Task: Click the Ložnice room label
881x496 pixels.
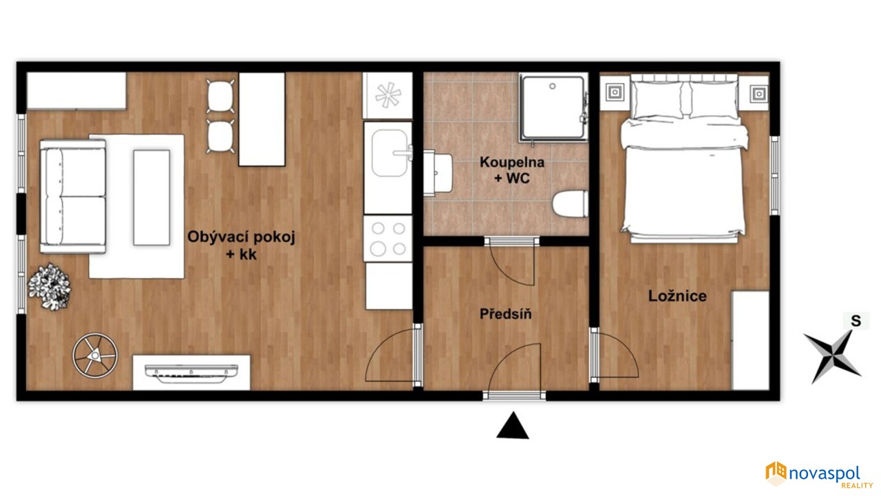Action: coord(677,296)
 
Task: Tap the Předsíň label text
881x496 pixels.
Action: coord(506,314)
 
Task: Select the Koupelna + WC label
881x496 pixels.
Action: coord(512,170)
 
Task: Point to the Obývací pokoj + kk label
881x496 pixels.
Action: coord(241,246)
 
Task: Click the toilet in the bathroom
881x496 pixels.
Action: coord(571,203)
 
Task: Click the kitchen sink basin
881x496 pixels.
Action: coord(390,153)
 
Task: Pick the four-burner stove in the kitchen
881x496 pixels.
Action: coord(388,238)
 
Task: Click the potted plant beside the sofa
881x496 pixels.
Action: coord(50,286)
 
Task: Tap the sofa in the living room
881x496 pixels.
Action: coord(73,197)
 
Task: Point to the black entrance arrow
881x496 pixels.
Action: coord(513,425)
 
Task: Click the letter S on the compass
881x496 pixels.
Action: coord(856,321)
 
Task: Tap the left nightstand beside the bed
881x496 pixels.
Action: coord(615,93)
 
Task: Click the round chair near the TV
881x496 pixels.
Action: coord(95,356)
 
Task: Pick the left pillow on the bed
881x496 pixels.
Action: coord(656,100)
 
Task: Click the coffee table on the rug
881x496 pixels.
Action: coord(152,197)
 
